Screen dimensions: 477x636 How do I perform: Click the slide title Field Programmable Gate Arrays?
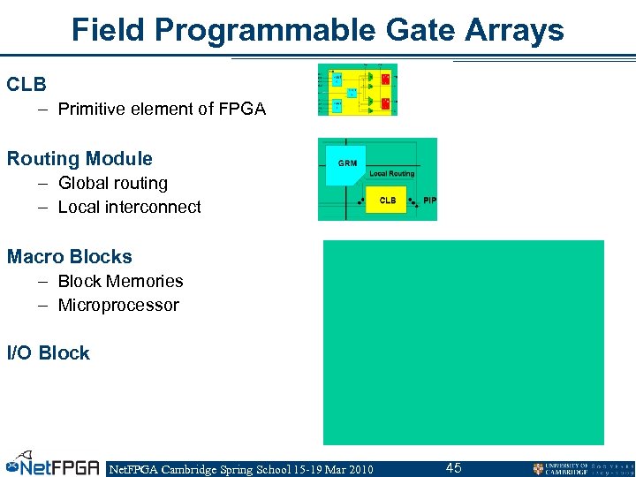(317, 30)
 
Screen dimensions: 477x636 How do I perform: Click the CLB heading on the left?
(26, 85)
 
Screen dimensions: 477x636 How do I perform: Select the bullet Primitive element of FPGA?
(161, 110)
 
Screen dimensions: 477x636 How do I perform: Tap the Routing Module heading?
(79, 159)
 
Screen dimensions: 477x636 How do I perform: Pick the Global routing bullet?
(112, 184)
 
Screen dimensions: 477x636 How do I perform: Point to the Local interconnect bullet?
(129, 208)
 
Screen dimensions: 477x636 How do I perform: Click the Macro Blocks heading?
(70, 257)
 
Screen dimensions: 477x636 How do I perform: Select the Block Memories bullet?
(120, 282)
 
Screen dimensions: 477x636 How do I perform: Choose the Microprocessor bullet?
(118, 306)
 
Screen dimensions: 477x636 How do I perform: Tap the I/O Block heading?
(49, 353)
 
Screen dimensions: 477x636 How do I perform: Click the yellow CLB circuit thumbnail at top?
(358, 89)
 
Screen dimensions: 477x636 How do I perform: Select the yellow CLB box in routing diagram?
(387, 201)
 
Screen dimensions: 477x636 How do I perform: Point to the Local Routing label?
(391, 174)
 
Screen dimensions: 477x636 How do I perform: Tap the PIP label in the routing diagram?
(429, 201)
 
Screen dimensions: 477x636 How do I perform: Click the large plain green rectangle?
(463, 342)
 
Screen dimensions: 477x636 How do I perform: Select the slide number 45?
(453, 468)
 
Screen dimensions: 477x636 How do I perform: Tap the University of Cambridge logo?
(583, 468)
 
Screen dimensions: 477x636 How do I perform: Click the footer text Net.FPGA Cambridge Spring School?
(239, 469)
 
